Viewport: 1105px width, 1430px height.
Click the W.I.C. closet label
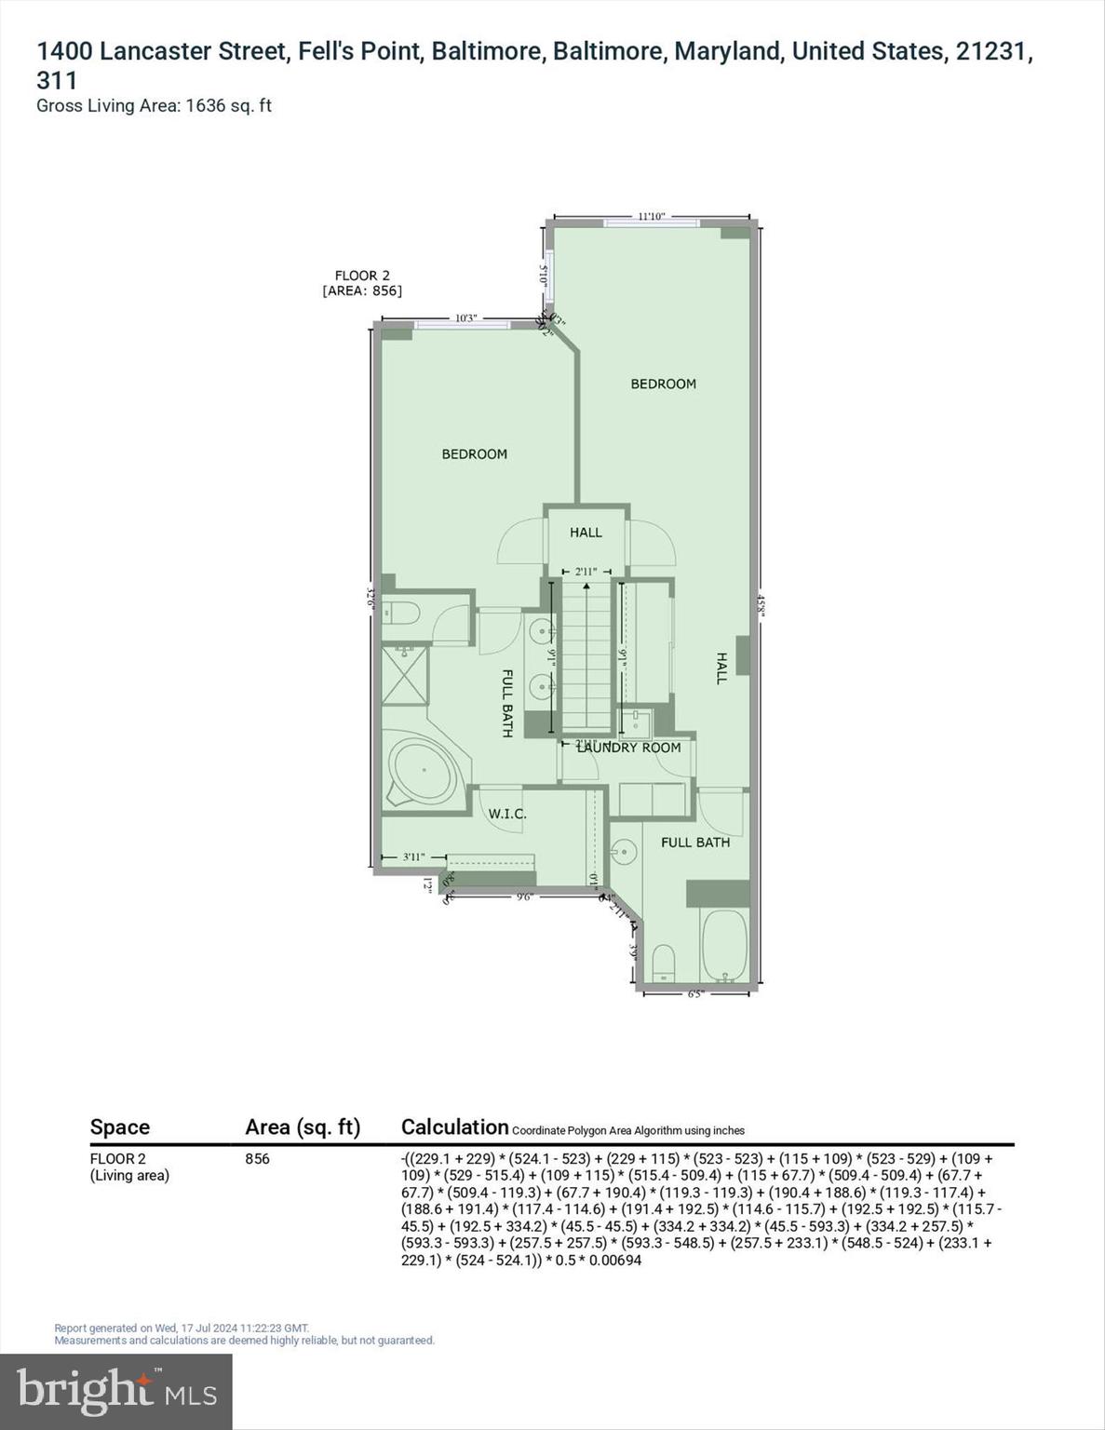click(507, 814)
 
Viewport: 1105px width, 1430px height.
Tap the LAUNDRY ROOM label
click(628, 748)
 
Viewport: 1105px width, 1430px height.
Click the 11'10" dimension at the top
click(651, 216)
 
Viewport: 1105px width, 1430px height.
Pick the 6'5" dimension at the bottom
click(694, 994)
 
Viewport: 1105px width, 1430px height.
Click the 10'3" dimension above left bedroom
click(465, 318)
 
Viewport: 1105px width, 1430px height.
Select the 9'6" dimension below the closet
click(523, 897)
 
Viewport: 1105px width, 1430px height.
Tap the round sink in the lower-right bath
click(623, 851)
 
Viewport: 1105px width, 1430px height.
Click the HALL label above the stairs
click(586, 533)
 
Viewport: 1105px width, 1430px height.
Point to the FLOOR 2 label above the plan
click(362, 276)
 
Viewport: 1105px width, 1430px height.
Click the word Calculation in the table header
click(454, 1126)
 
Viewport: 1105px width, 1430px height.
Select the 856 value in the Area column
click(257, 1159)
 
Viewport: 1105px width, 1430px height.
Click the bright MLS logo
click(116, 1391)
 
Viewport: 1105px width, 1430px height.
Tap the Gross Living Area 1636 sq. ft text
click(154, 105)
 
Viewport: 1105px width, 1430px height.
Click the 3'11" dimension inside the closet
click(413, 857)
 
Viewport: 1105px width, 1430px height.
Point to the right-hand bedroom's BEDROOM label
click(663, 384)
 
